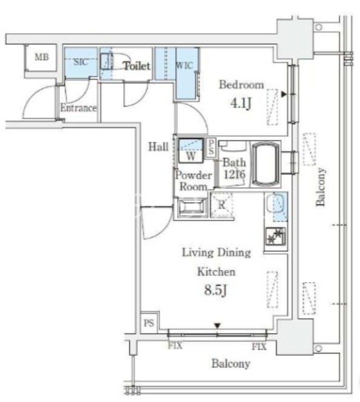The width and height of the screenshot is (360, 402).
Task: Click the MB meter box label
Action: tap(42, 57)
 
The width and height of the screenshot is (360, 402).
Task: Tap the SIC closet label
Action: tap(81, 62)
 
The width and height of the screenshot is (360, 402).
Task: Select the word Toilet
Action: tap(137, 66)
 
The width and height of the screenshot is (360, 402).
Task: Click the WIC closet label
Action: tap(184, 65)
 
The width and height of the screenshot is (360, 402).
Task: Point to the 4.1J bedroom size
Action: tap(241, 103)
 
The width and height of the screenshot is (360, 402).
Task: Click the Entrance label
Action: tap(78, 108)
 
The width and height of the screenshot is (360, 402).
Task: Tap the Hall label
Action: tap(158, 147)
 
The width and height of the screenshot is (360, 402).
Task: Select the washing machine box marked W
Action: tap(191, 151)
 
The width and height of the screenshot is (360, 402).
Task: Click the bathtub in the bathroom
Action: tap(266, 164)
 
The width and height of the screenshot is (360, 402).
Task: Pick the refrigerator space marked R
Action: tap(221, 205)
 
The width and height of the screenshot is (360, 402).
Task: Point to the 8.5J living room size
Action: tap(216, 290)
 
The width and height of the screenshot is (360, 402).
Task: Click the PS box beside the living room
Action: tap(149, 323)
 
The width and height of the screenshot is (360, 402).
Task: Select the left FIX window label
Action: tap(175, 346)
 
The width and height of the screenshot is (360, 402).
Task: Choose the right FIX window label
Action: tap(259, 347)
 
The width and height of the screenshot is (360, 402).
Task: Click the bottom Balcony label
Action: tap(231, 363)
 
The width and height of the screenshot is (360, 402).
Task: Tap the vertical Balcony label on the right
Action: tap(321, 186)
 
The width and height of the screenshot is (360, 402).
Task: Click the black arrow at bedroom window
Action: tap(284, 94)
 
